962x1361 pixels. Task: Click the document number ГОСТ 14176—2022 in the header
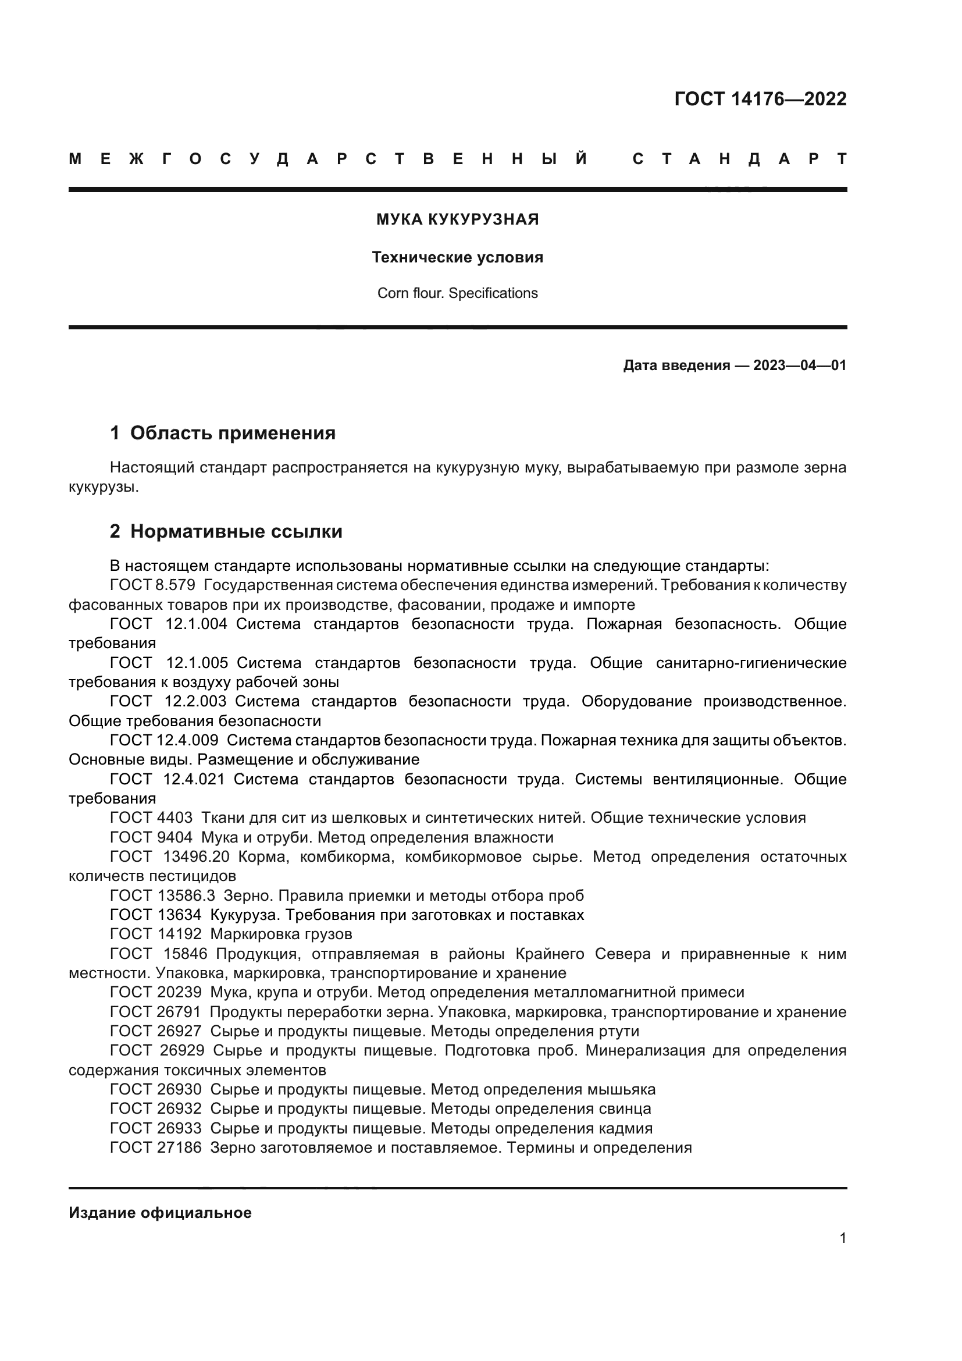pos(760,99)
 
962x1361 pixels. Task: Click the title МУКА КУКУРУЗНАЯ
pos(457,220)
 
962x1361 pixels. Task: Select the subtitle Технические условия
pos(457,258)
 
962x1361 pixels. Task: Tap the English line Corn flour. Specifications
pos(457,293)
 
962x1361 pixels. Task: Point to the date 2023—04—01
pos(799,366)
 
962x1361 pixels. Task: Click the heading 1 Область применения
pos(223,433)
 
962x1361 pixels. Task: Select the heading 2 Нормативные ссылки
pos(226,532)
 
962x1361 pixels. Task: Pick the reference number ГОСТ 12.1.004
pos(169,624)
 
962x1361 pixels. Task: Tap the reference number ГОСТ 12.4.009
pos(164,740)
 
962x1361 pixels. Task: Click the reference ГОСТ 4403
pos(151,818)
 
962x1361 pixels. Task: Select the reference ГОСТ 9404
pos(151,837)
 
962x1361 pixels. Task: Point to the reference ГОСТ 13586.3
pos(162,896)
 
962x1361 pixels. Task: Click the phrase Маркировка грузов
pos(281,935)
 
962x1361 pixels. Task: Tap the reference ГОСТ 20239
pos(156,992)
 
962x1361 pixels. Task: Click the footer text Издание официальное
pos(160,1213)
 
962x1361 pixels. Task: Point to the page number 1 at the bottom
pos(842,1238)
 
